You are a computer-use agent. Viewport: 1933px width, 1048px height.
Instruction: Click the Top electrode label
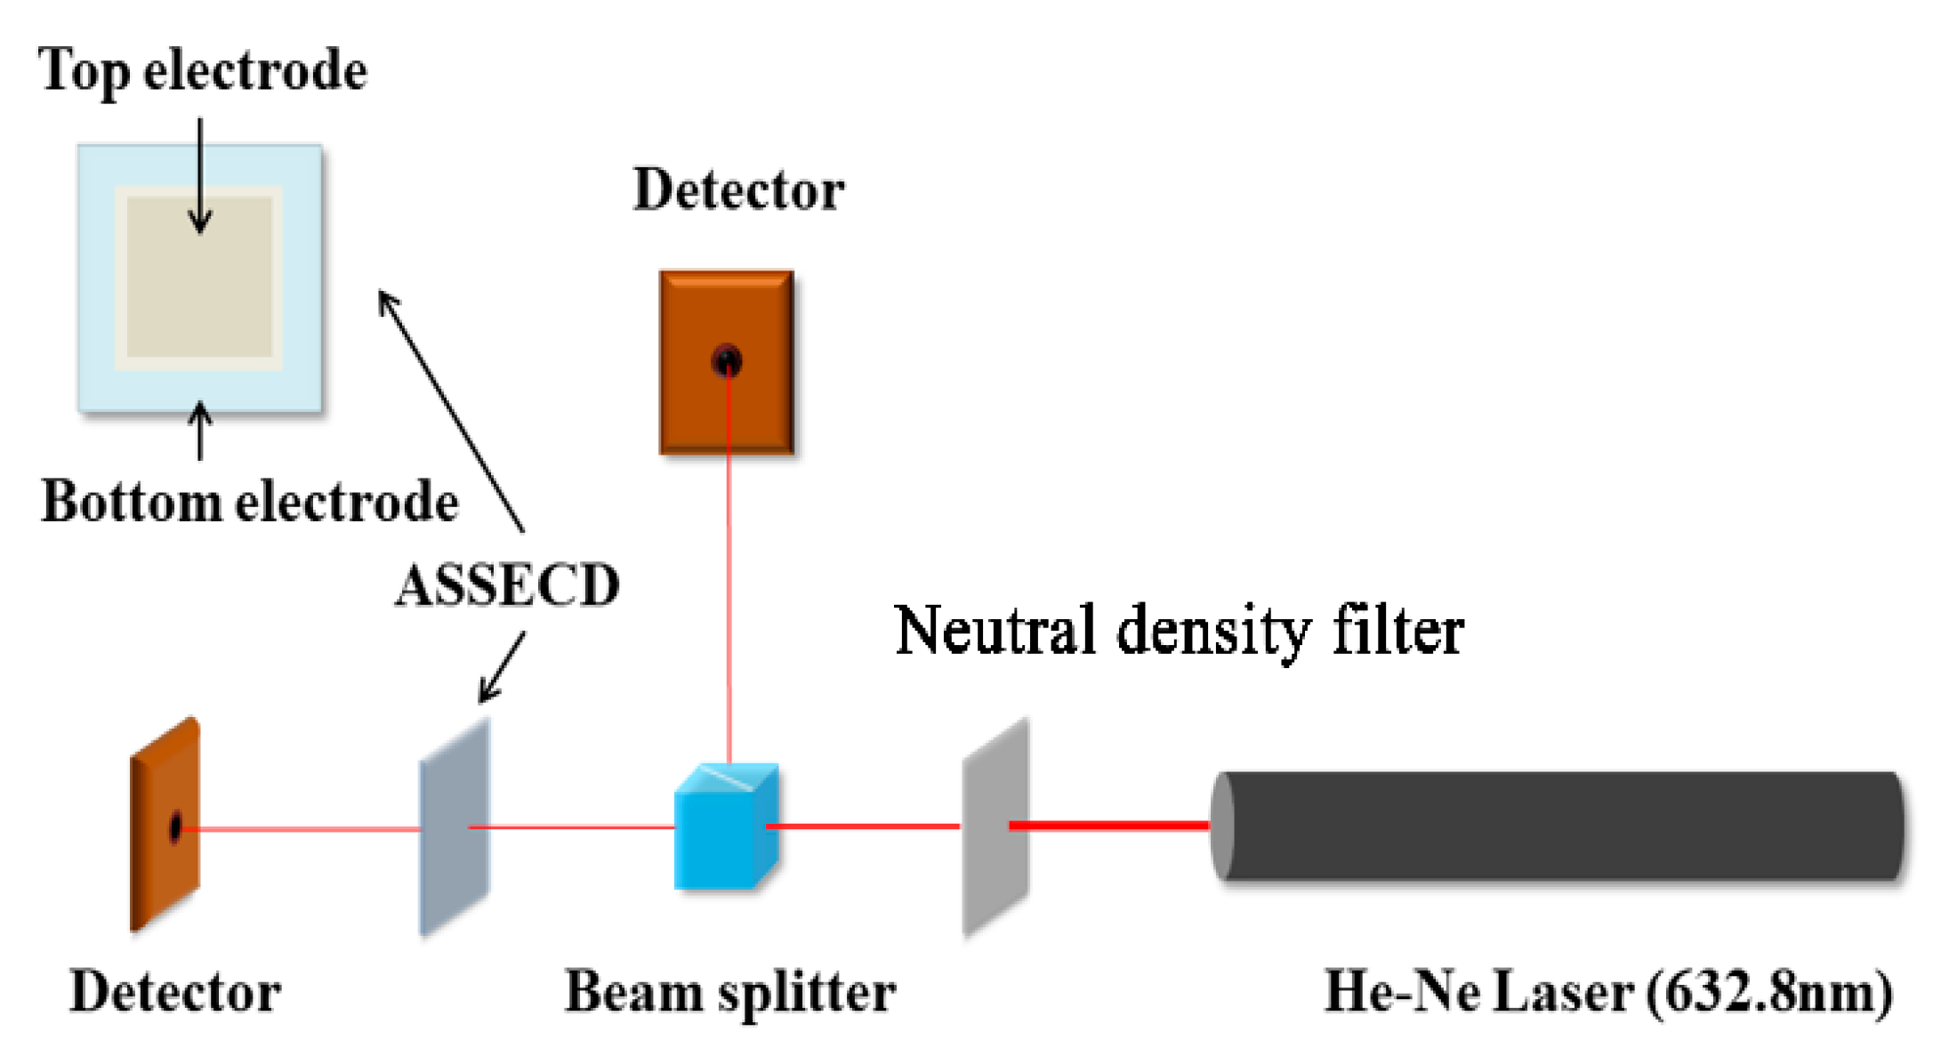[202, 71]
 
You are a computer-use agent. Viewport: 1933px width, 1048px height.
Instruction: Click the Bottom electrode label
[250, 502]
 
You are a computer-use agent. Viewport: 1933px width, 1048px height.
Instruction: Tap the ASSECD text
[507, 586]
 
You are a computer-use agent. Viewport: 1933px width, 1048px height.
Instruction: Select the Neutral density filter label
[1179, 631]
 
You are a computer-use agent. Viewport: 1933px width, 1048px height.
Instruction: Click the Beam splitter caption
[730, 992]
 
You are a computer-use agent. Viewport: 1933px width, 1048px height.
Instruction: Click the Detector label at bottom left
[175, 992]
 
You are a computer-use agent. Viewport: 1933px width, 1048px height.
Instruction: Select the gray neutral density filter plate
[995, 827]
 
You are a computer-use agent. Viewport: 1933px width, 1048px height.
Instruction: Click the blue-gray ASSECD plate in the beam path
[455, 827]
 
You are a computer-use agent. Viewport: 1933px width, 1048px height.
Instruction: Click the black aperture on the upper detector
[727, 361]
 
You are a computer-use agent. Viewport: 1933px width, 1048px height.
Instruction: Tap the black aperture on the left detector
[175, 827]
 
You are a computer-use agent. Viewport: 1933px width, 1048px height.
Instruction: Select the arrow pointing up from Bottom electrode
[200, 431]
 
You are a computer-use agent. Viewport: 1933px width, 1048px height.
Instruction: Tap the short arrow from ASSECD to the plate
[502, 668]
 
